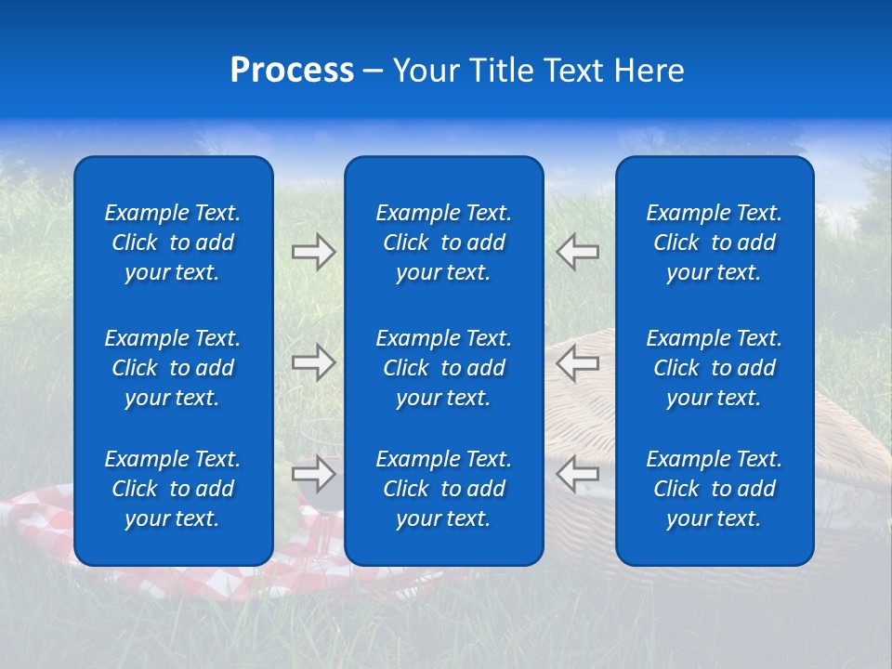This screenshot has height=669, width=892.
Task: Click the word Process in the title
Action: point(292,71)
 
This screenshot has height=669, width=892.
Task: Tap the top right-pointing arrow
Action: point(313,252)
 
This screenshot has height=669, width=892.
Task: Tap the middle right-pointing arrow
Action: point(313,362)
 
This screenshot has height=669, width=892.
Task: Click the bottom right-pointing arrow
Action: point(313,474)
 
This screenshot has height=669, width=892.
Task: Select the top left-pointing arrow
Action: point(577,252)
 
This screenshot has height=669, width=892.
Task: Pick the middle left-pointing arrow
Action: point(577,362)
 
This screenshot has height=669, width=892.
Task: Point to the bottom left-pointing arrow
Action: point(577,474)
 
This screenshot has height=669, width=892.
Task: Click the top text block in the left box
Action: point(173,243)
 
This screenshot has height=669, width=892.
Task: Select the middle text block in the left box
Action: point(173,368)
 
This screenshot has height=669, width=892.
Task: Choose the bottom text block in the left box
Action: point(173,489)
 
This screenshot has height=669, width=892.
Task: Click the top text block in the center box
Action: point(443,243)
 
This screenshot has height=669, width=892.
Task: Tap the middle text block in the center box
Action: point(443,368)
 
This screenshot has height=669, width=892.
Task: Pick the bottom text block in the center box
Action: point(443,489)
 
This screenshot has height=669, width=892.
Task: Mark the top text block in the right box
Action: point(714,243)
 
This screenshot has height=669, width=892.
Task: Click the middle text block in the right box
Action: point(714,368)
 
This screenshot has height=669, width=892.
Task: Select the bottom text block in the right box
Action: point(714,489)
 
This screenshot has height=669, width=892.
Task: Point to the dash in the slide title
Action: point(373,72)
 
